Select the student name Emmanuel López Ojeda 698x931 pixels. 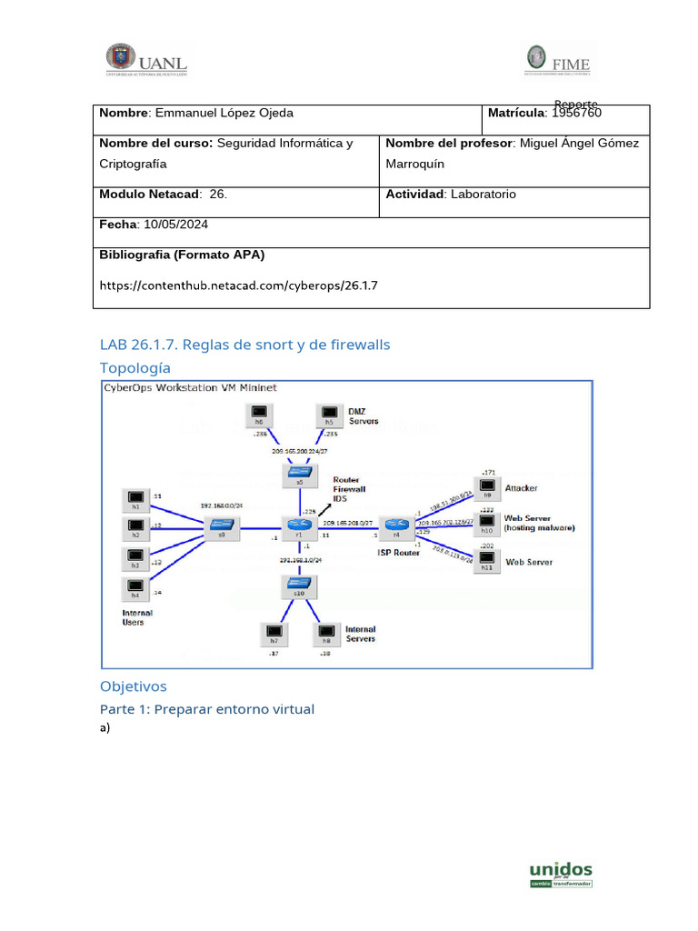224,113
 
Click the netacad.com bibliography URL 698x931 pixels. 238,285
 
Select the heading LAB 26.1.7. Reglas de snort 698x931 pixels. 244,345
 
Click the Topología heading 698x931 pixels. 135,368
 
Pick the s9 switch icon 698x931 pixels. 221,525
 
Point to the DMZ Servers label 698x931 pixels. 364,415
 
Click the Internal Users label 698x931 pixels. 137,617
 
